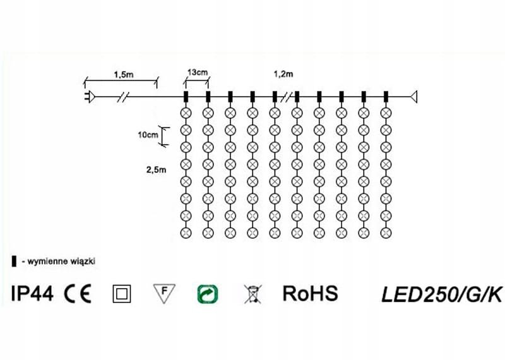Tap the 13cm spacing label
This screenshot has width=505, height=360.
(198, 73)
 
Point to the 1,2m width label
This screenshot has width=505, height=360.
(283, 74)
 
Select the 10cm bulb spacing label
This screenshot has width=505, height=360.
(148, 135)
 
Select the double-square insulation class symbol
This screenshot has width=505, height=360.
(121, 294)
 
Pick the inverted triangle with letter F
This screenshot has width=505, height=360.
(164, 292)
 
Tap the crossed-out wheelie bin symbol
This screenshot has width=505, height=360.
(252, 294)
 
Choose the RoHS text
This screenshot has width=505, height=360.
(310, 293)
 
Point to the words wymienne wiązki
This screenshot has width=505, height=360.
(61, 260)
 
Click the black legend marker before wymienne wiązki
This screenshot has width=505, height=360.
(14, 260)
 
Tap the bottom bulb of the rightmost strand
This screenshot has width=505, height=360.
(386, 233)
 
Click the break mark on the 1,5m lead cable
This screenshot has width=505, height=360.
(125, 97)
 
